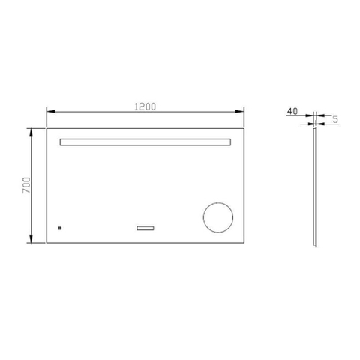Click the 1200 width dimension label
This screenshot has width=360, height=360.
coord(145,106)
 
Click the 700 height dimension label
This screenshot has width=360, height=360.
coord(26,185)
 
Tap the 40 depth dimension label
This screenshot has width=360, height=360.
coord(292,111)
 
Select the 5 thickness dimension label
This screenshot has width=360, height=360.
coord(335,119)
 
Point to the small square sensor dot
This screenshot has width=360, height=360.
coord(60,228)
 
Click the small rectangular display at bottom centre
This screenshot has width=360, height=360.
coord(145,228)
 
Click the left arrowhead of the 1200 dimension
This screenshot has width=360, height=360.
coord(51,112)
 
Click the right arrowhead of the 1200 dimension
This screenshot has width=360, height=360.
coord(239,112)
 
